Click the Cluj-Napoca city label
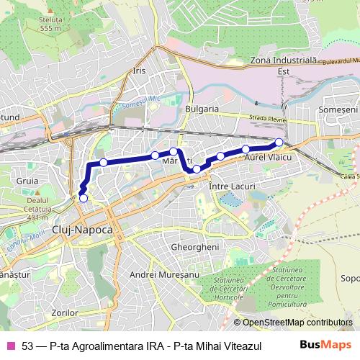(82, 228)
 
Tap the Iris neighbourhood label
(140, 71)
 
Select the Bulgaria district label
(202, 108)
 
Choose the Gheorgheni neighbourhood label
(193, 246)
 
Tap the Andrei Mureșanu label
(163, 275)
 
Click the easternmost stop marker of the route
(279, 142)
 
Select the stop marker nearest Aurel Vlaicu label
(246, 149)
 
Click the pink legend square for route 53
(10, 345)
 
